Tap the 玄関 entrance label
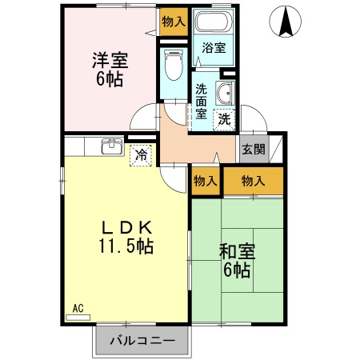pyautogui.click(x=254, y=150)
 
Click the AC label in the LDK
pyautogui.click(x=78, y=307)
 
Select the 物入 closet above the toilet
pyautogui.click(x=173, y=21)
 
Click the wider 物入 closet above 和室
pyautogui.click(x=253, y=181)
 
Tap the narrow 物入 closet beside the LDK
pyautogui.click(x=206, y=181)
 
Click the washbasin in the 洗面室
pyautogui.click(x=226, y=93)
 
